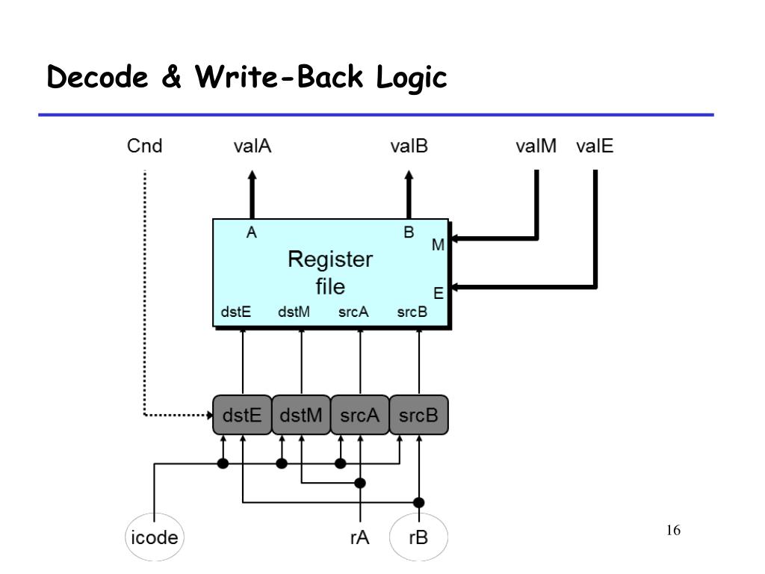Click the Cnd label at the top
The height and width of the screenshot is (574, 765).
[x=144, y=146]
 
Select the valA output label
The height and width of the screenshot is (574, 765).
[x=253, y=146]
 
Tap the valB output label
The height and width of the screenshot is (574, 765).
[x=409, y=146]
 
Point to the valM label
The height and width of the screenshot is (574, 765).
[x=536, y=146]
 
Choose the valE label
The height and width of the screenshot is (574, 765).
[x=594, y=146]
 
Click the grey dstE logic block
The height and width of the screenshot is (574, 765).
[x=242, y=415]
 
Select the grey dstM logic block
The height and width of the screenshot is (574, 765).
[x=301, y=415]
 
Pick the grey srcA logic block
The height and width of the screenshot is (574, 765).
[x=360, y=415]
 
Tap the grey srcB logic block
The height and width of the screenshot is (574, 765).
[x=418, y=415]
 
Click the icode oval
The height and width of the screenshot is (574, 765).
[x=154, y=537]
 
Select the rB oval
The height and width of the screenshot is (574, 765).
[x=418, y=537]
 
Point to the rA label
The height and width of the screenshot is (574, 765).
[x=359, y=537]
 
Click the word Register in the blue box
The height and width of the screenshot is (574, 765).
[x=330, y=259]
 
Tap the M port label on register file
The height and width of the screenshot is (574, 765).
[x=438, y=244]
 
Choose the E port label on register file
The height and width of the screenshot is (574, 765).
[x=439, y=293]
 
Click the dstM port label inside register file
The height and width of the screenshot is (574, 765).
[x=294, y=312]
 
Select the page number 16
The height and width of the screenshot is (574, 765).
[x=673, y=530]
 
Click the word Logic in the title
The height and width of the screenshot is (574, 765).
[x=412, y=78]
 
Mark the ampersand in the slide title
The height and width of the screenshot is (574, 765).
[x=171, y=77]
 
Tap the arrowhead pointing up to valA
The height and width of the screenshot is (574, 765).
[x=253, y=175]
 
